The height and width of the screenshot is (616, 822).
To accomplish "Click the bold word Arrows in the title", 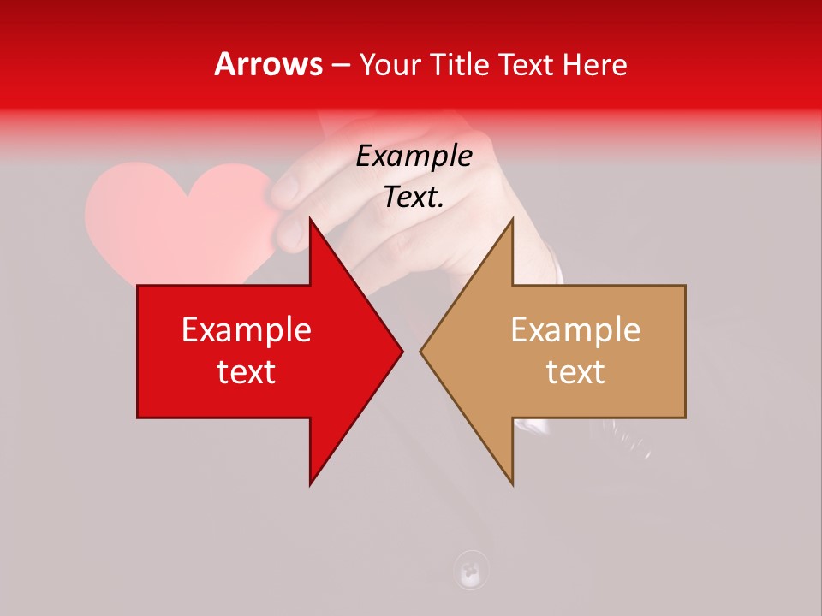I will point(269,65).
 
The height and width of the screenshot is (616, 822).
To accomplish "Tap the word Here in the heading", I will point(595,65).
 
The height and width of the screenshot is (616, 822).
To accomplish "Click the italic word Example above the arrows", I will point(414,157).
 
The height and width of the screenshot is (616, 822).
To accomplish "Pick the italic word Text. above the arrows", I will point(414,198).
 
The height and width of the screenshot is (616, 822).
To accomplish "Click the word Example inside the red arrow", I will point(247,330).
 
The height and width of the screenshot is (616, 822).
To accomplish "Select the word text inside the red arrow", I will point(247,372).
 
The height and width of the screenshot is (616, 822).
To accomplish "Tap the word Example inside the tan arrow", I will point(575,330).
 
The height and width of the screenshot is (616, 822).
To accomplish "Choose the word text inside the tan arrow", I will point(575,372).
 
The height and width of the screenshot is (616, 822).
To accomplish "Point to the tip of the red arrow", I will point(401,351).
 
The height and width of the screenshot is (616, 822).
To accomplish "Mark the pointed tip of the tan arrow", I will point(422,351).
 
